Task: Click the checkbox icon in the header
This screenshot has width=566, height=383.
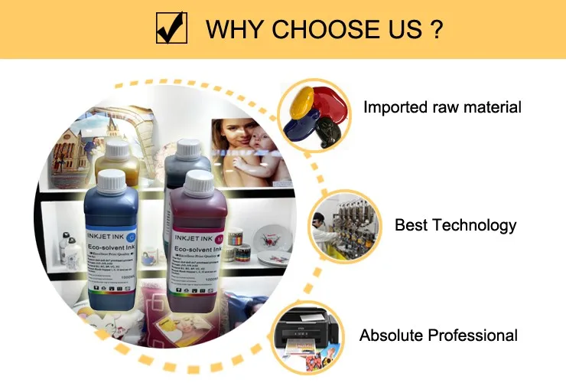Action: pos(172,29)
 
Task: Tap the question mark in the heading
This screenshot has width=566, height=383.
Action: pos(436,30)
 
